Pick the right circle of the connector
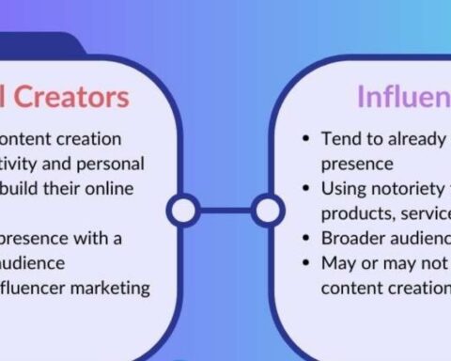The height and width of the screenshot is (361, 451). [268, 211]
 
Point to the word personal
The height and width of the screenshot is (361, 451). [112, 163]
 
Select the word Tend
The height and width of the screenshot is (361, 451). [339, 138]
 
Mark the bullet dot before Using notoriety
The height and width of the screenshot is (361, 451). [306, 189]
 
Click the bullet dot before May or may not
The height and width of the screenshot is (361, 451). [306, 263]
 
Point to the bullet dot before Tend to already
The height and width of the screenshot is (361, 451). [306, 139]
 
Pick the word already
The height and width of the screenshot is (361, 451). [417, 138]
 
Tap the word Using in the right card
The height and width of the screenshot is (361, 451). [343, 188]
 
